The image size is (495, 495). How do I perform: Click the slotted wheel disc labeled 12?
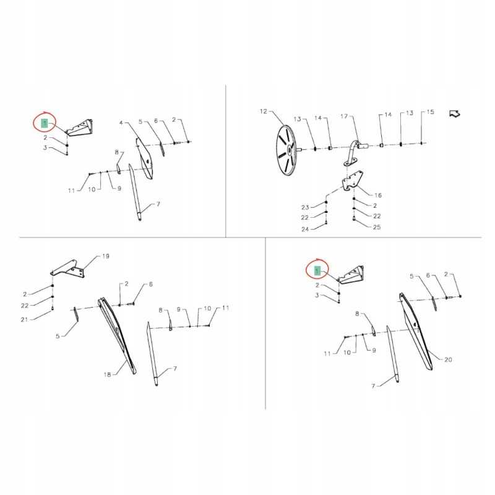286,150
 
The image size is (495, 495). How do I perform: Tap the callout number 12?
264,111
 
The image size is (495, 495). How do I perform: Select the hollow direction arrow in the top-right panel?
455,114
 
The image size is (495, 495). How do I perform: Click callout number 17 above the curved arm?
344,116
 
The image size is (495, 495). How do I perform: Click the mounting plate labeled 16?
353,181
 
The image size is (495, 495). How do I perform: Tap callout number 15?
430,112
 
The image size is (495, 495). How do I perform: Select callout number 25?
377,227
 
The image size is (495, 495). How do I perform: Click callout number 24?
305,229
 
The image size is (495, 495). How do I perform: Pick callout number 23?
305,207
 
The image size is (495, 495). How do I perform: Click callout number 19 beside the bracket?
105,256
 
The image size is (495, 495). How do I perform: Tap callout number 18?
107,374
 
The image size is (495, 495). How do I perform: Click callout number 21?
24,319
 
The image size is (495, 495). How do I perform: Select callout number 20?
448,359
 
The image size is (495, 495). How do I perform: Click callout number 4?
121,123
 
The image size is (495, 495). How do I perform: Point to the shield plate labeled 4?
145,158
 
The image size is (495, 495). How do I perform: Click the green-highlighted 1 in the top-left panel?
45,123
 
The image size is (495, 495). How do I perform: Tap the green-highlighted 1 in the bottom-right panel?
317,271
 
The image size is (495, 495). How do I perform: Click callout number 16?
378,195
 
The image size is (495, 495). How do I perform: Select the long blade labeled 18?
117,335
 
